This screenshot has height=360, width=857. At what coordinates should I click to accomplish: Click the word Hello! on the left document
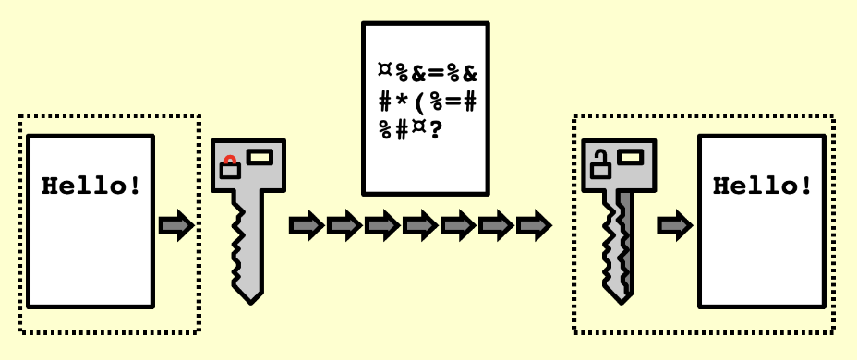coord(92,186)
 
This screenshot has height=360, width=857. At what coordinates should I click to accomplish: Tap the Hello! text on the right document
coord(763,186)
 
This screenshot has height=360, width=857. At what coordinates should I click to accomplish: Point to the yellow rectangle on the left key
coord(260,156)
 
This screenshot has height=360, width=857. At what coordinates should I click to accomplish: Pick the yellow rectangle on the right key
coord(631,156)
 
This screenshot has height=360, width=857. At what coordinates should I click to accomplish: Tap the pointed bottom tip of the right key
coord(620,297)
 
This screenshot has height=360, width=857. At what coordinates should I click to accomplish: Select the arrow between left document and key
coord(175,224)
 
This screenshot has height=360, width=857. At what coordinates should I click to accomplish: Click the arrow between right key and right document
coord(675,224)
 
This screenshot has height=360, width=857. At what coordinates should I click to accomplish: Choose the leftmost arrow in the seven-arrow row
coord(306,224)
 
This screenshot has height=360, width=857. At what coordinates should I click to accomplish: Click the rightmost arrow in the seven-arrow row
coord(533,224)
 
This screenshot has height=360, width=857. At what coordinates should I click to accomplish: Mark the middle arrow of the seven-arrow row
coord(419,224)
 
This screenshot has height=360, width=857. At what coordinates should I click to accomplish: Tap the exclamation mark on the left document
coord(136,186)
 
